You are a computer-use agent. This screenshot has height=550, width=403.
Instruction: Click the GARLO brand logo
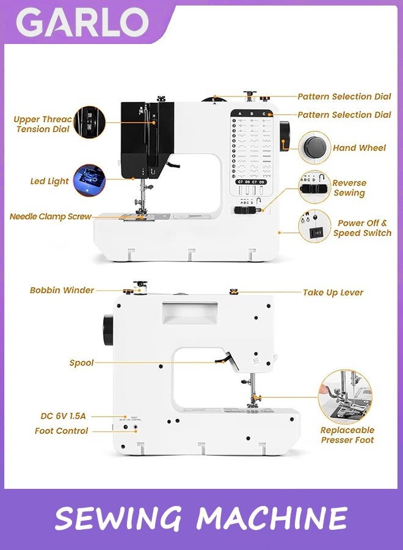pos(82,23)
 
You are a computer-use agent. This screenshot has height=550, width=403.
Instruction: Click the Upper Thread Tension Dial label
pos(43,124)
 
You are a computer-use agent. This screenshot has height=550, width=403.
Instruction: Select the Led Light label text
pos(49,182)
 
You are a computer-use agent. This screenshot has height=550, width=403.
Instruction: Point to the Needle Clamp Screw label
pos(51,216)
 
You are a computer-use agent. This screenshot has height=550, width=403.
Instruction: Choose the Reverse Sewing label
pos(349,188)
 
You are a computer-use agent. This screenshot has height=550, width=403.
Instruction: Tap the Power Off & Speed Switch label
pos(362,228)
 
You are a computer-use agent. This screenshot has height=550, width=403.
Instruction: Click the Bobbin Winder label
pos(62,290)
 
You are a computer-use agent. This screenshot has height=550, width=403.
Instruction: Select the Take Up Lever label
pos(333,293)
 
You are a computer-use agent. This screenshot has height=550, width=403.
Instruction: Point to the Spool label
pos(81,363)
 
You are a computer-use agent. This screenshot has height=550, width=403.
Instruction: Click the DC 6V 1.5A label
pos(64,416)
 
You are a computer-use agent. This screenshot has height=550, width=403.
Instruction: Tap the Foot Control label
pos(61,431)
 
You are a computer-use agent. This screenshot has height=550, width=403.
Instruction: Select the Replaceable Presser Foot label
pos(347,435)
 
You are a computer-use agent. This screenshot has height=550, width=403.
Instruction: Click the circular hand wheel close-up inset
pos(315,147)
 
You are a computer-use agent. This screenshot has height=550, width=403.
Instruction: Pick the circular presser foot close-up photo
pos(345,397)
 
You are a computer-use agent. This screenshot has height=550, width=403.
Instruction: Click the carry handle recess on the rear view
pos(189,313)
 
